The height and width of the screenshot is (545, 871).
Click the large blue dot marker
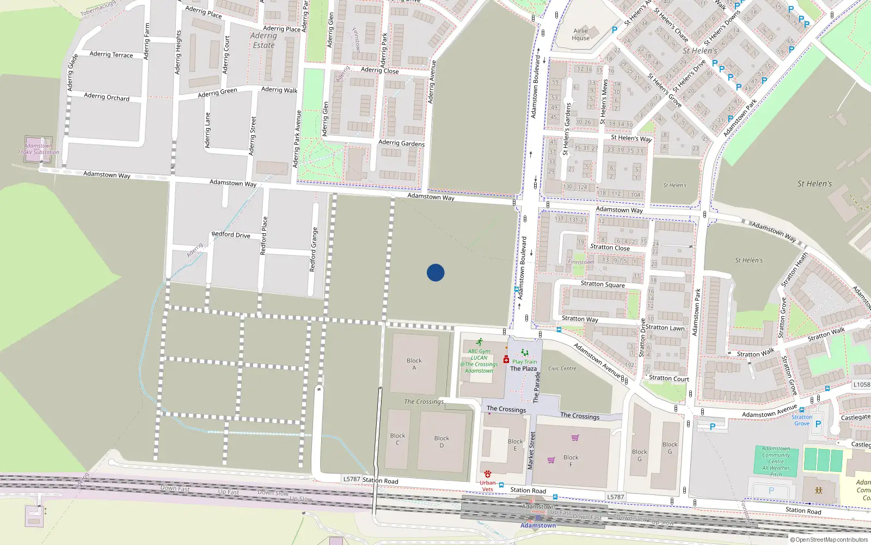436,272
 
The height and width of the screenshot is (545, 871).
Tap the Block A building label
414,364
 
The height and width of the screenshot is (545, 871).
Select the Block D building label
441,441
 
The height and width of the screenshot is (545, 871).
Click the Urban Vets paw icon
487,475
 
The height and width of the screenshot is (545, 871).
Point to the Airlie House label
580,34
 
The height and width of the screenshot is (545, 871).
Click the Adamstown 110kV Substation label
38,149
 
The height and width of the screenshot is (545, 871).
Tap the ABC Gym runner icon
479,342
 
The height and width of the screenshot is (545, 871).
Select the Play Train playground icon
524,353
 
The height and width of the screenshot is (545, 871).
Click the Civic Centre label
562,368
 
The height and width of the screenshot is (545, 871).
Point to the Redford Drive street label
231,235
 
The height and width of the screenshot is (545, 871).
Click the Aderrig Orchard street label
107,97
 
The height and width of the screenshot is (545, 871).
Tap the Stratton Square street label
603,284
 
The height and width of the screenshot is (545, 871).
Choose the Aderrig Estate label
263,40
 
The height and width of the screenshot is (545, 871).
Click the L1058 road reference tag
861,384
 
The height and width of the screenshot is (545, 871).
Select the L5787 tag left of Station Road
352,479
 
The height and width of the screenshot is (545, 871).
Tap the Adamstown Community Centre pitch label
776,461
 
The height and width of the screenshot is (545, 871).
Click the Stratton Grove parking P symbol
818,423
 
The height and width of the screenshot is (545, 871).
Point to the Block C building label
397,439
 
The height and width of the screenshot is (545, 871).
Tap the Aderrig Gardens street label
401,143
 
